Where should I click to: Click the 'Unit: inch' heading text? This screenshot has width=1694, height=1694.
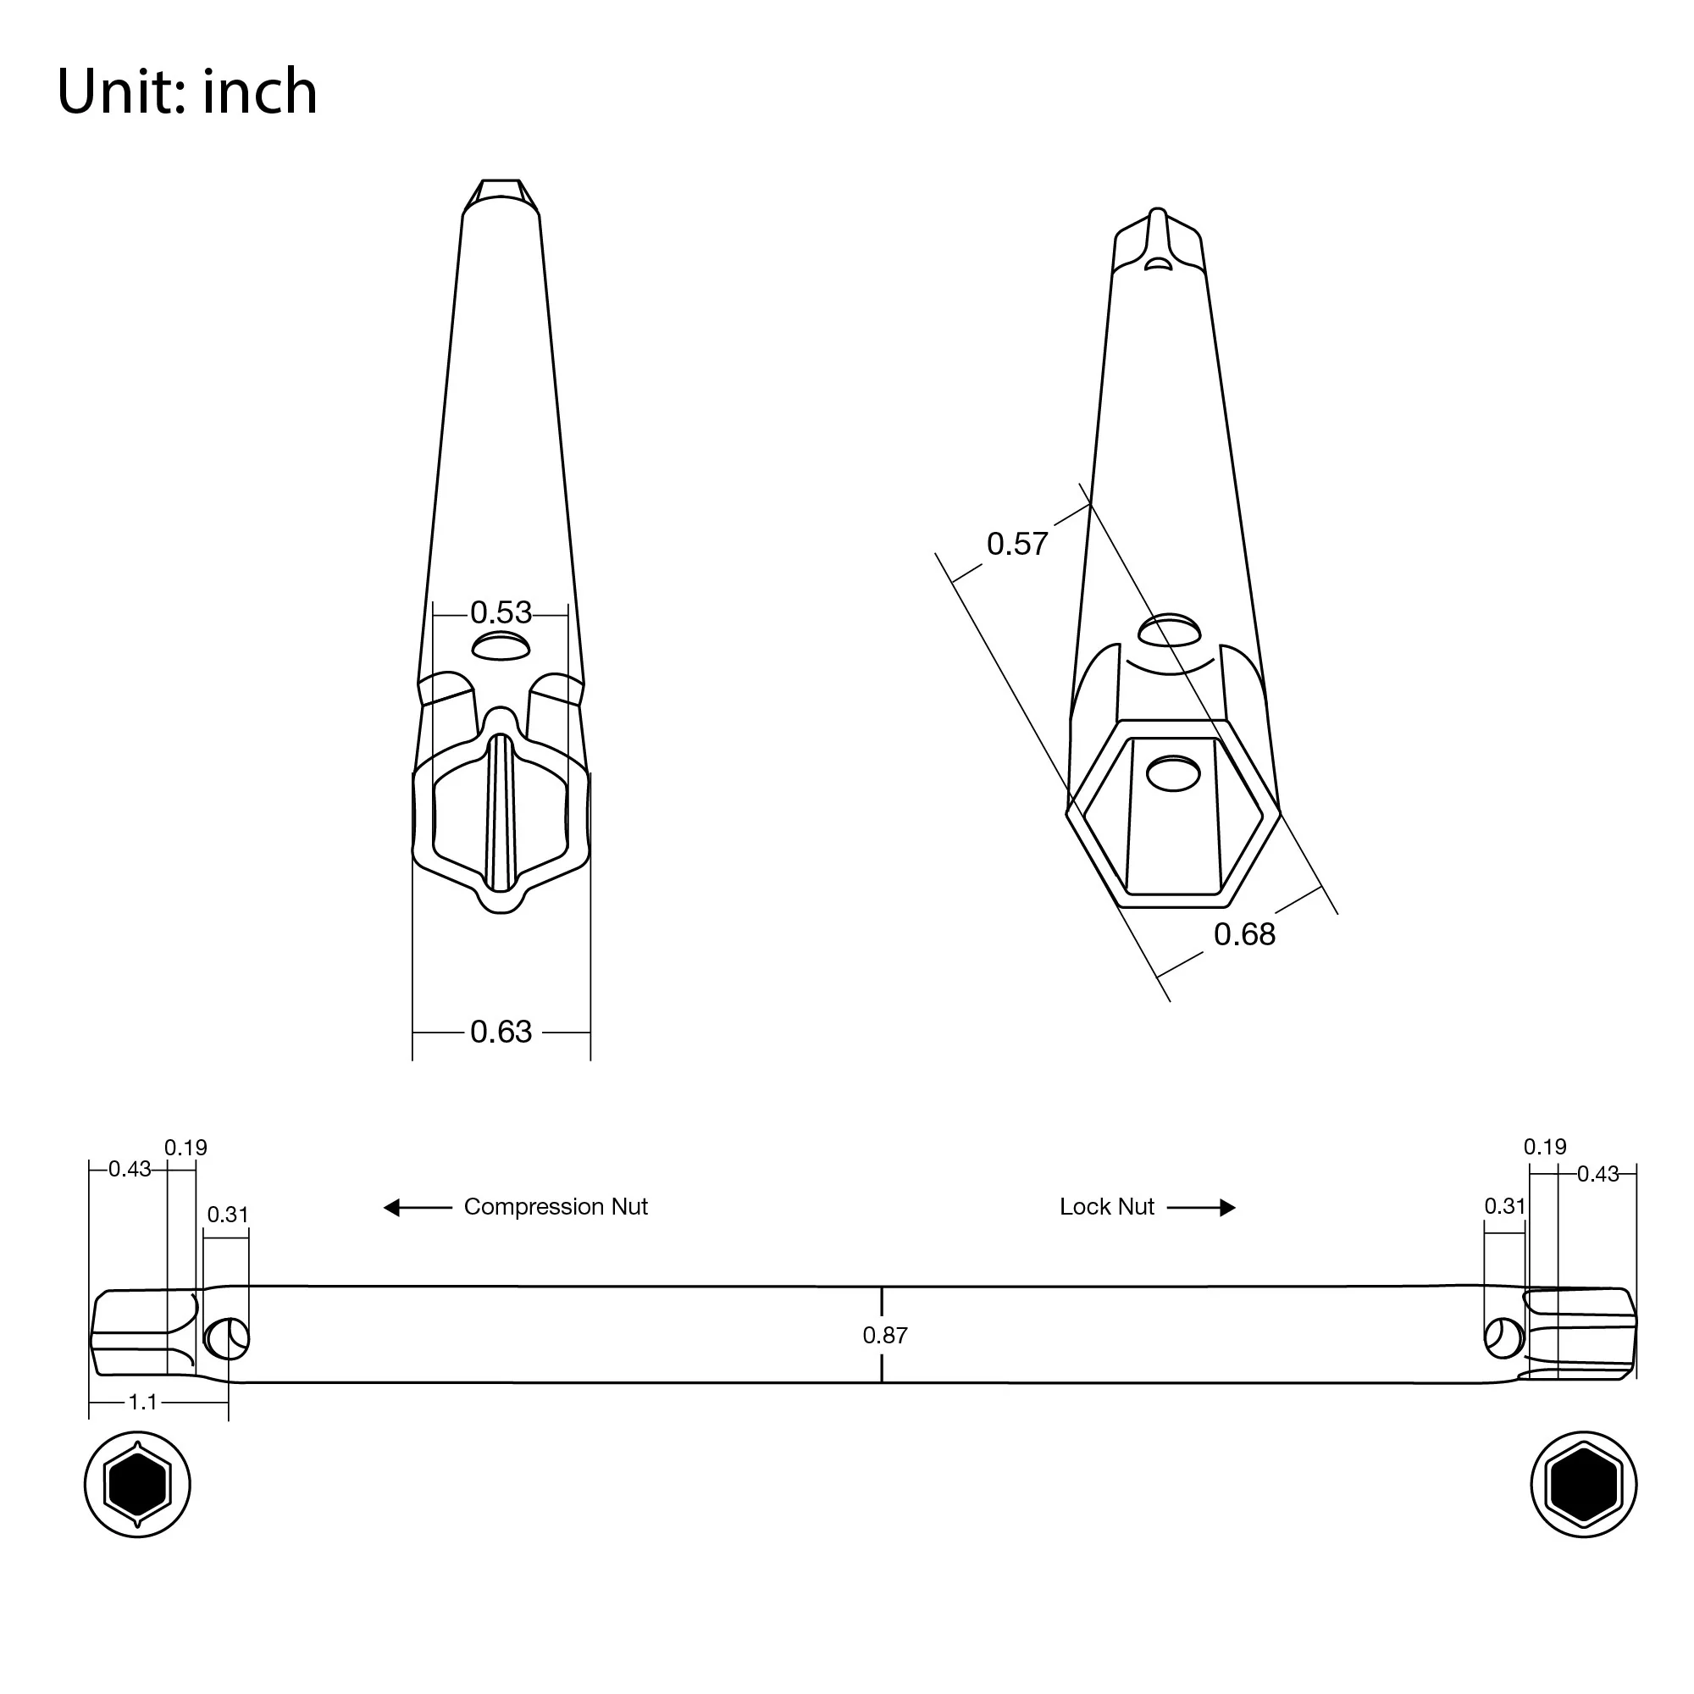point(186,91)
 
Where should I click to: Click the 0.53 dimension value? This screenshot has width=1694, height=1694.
point(501,612)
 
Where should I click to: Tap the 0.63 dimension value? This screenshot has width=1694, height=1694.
point(501,1032)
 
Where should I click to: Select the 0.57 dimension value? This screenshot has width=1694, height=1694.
point(1017,544)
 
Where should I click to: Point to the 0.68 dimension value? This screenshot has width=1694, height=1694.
point(1244,935)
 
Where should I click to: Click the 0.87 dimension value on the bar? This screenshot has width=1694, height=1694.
point(885,1336)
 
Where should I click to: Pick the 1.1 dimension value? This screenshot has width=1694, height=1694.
point(142,1402)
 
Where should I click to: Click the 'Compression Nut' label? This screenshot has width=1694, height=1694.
point(555,1206)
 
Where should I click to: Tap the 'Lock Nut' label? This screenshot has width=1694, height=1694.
point(1106,1206)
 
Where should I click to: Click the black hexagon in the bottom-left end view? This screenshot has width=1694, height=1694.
point(136,1485)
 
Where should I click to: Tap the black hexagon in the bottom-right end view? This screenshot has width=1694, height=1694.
point(1583,1485)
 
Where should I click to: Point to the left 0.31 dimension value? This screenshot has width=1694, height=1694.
point(227,1215)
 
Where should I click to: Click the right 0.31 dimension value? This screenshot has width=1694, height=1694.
point(1504,1205)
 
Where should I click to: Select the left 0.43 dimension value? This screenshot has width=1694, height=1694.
point(129,1169)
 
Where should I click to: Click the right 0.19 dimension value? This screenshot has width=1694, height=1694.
point(1544,1147)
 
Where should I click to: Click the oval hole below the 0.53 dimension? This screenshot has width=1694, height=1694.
point(501,648)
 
